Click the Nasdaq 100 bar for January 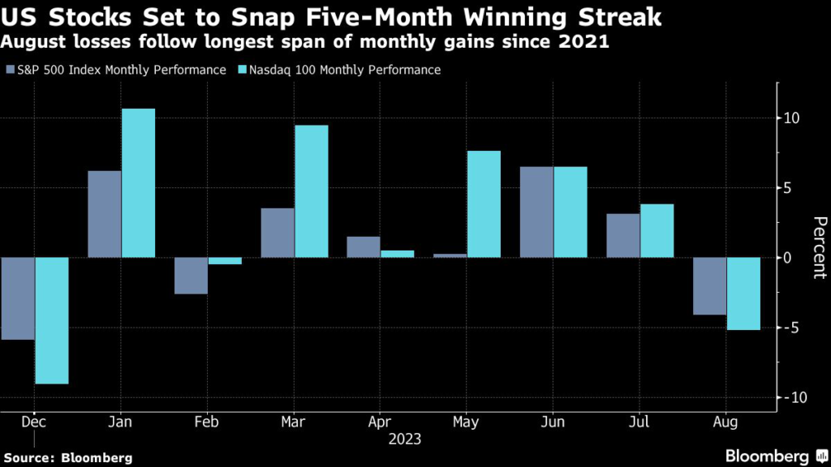(x=138, y=182)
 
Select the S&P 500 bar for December (x=17, y=298)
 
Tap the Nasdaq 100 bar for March (x=311, y=191)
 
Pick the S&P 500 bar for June (x=536, y=212)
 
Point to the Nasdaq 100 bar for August (x=743, y=293)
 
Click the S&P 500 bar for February (x=191, y=276)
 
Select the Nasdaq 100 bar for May (x=484, y=204)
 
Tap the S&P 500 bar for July (x=622, y=235)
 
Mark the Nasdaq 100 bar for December (x=52, y=320)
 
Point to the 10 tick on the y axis (x=792, y=118)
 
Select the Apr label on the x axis (x=380, y=423)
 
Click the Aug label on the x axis (x=726, y=423)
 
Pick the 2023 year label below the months (x=403, y=439)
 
